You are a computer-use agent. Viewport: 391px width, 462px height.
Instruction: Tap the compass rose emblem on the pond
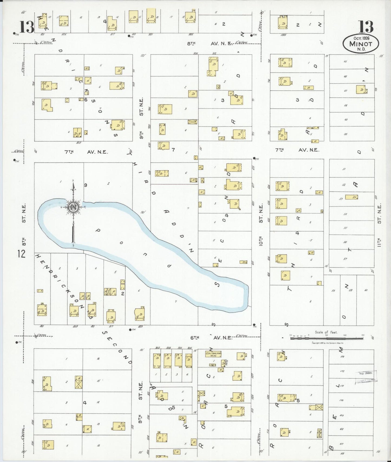73,207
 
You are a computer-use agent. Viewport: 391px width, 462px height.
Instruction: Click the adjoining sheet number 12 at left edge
21,254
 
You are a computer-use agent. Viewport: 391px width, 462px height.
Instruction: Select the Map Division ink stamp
366,377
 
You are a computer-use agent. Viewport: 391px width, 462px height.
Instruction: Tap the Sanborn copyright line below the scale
327,343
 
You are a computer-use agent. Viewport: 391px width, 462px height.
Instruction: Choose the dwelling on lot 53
351,197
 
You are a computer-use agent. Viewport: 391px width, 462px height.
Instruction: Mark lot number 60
366,290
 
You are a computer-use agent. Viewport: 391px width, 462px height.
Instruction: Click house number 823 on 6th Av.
140,326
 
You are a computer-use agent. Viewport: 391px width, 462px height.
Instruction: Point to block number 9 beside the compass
86,185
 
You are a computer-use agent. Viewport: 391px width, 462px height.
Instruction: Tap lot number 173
343,357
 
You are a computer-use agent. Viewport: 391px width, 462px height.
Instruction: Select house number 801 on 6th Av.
42,326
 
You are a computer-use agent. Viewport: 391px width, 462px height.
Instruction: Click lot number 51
344,169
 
